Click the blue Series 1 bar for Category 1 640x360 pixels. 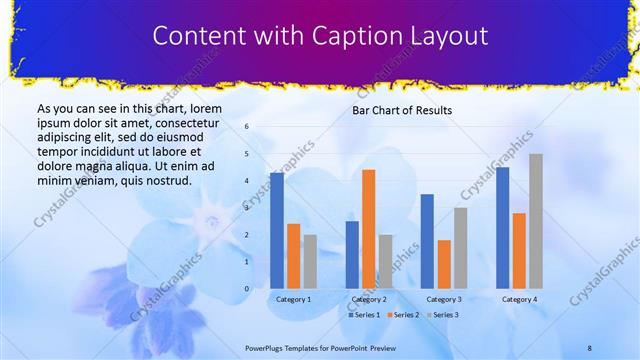pos(277,231)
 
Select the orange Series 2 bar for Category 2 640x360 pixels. pos(369,229)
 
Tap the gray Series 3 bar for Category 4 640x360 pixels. pos(536,221)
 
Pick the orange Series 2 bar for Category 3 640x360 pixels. pos(444,264)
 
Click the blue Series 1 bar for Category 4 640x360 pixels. pos(502,228)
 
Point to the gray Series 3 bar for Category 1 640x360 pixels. pos(310,262)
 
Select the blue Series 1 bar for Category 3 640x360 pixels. pos(427,241)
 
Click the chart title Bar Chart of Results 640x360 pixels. pos(402,110)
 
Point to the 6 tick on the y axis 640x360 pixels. pos(247,127)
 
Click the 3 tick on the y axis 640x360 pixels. pos(247,208)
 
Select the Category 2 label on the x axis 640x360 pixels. pos(369,299)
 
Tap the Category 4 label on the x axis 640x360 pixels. pos(519,299)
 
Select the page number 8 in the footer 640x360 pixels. pos(590,346)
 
